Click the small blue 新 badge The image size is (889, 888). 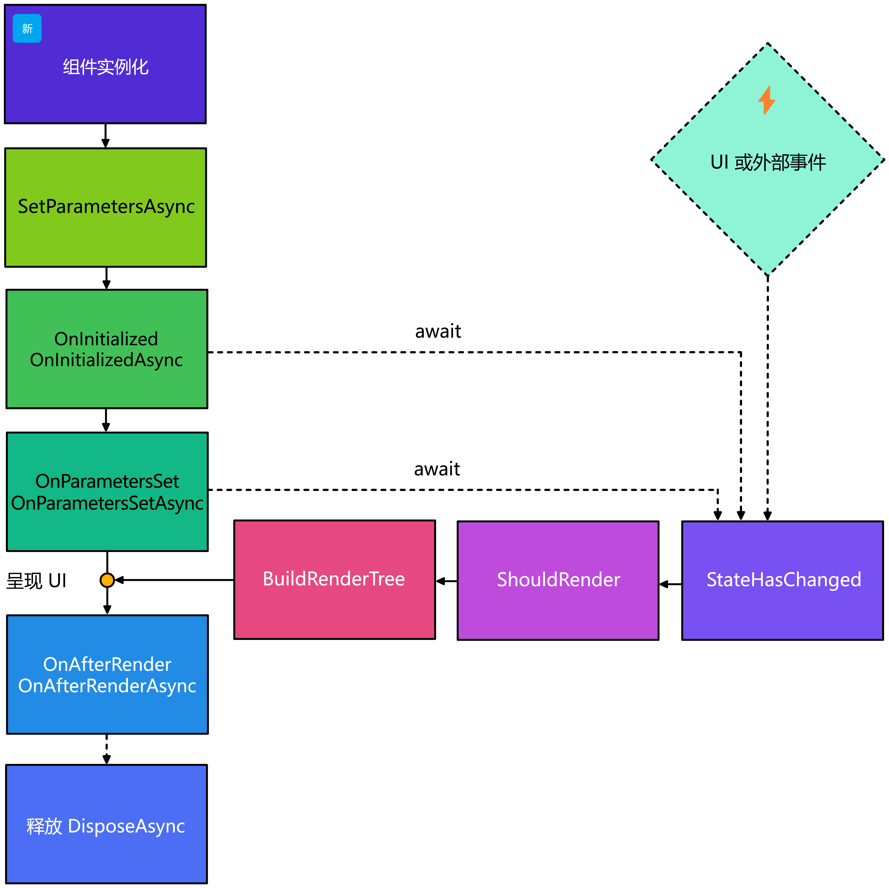tap(27, 29)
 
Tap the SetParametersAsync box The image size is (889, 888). tap(106, 207)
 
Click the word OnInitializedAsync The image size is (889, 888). tap(106, 360)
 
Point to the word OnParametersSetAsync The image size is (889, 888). tap(107, 503)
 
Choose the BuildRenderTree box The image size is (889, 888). tap(334, 579)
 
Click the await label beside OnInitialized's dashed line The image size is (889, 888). tap(438, 331)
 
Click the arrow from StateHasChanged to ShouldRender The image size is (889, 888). tap(670, 584)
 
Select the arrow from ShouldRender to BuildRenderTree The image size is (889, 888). tap(446, 581)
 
